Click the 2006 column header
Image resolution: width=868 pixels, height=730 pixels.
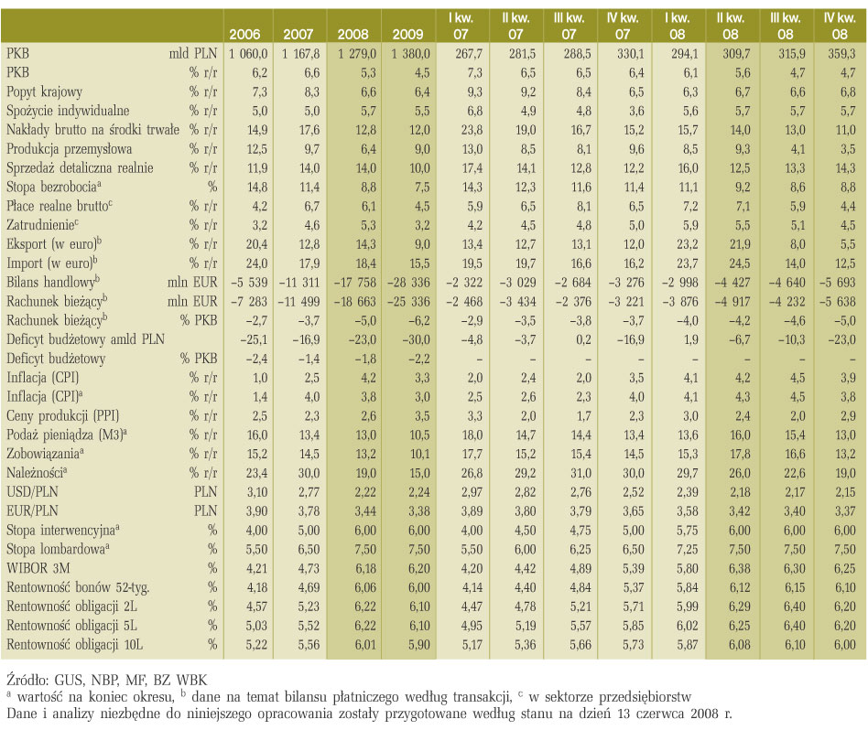click(x=244, y=34)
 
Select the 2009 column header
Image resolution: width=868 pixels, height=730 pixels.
click(x=408, y=34)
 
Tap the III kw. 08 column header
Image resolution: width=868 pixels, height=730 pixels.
click(x=785, y=26)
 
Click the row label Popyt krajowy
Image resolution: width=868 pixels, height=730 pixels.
click(x=44, y=92)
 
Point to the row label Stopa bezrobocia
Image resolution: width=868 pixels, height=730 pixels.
click(x=54, y=187)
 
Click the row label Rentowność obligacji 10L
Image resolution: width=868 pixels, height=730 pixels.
click(x=75, y=644)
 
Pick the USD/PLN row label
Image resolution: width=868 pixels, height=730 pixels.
click(x=32, y=491)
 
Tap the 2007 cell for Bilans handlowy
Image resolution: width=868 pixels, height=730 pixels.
click(x=299, y=282)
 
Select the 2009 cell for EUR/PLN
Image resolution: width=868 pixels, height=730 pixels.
click(x=419, y=511)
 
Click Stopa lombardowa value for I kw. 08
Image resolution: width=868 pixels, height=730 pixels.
click(x=687, y=549)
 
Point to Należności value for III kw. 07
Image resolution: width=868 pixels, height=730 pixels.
click(x=580, y=473)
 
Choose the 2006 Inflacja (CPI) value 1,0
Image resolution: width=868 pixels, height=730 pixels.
click(x=260, y=378)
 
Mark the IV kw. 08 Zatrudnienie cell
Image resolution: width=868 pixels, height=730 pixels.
click(x=848, y=225)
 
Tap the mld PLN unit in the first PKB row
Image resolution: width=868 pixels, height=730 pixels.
click(x=193, y=54)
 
